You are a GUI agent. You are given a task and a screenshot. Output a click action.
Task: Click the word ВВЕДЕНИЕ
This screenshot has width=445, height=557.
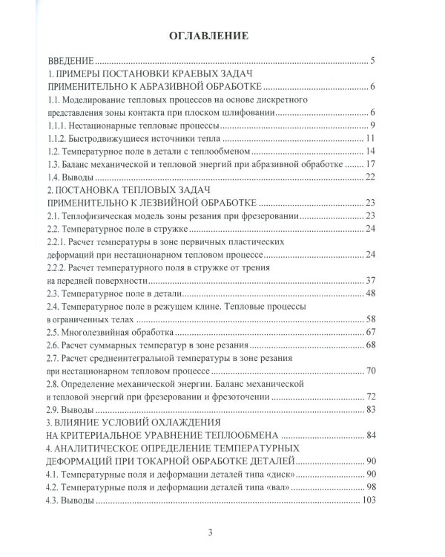click(70, 61)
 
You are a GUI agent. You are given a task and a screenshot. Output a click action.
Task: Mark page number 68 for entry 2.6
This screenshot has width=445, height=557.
click(372, 344)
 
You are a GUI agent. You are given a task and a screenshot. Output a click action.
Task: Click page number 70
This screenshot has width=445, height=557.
click(372, 370)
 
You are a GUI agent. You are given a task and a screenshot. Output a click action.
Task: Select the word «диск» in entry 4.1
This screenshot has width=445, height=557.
click(284, 473)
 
